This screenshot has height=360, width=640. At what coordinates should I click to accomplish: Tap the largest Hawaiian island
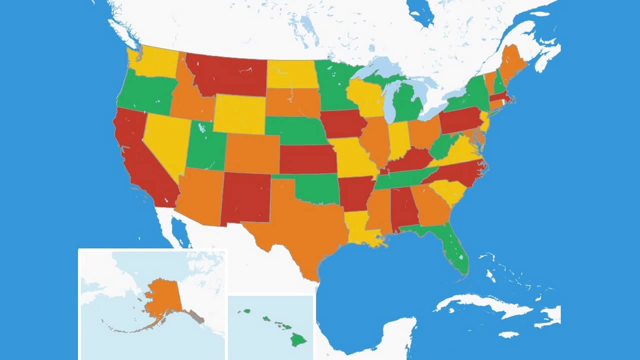click(x=299, y=340)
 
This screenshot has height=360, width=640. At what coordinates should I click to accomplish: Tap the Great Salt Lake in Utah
click(x=201, y=128)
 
